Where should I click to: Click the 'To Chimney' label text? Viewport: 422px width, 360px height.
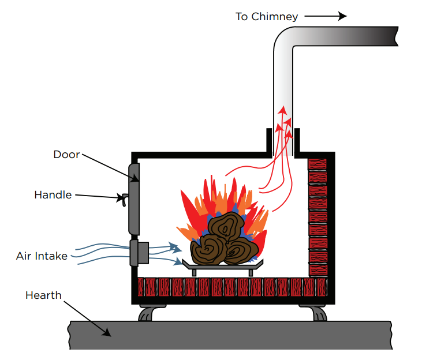coord(267,17)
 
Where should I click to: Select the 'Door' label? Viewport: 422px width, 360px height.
coord(66,154)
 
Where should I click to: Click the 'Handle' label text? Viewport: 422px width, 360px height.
coord(53,195)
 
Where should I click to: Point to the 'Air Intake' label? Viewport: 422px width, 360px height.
coord(42,256)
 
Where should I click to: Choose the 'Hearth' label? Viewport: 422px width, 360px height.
coord(43,295)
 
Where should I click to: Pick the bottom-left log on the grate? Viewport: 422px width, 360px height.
coord(209,247)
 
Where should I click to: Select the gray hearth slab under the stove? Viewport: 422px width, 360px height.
coord(231,335)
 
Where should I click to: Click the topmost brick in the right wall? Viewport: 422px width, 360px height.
coord(317,163)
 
